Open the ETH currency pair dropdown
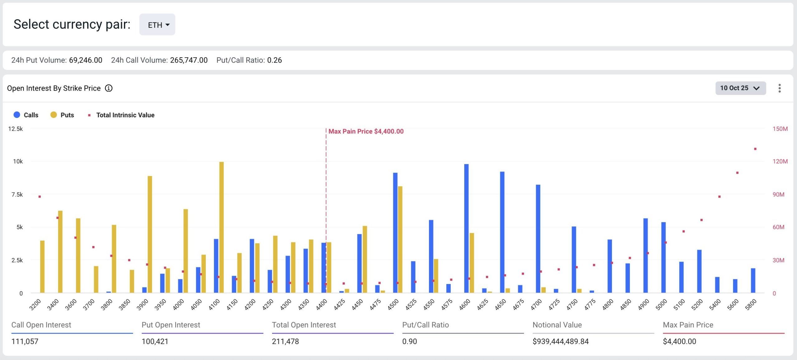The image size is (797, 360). pos(157,25)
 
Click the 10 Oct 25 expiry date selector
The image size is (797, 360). pos(740,88)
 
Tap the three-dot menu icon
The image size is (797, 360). pos(780,88)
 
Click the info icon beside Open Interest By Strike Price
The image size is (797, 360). pos(109,88)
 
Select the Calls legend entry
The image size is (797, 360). pos(26,115)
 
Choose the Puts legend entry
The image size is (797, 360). pos(63,115)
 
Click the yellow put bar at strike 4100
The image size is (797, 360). pos(221,227)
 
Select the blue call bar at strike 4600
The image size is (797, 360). pos(466,228)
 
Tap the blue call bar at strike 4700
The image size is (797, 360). pos(538,239)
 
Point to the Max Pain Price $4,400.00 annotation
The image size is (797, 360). pos(366,131)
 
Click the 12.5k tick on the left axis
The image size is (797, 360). pos(16,129)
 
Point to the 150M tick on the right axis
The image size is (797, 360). pos(780,129)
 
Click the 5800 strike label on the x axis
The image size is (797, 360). pos(751,304)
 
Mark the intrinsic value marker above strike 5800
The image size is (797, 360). pos(755,149)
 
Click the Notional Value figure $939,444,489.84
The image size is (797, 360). pos(560,341)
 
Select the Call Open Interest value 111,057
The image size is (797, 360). pos(25,341)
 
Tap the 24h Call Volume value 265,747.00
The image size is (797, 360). pos(189,60)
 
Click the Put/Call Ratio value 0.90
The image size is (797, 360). pos(409,341)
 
